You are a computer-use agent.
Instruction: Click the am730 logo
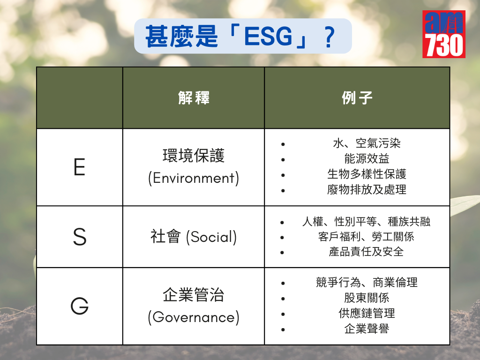pyautogui.click(x=444, y=34)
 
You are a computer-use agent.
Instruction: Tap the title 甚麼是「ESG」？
pyautogui.click(x=240, y=37)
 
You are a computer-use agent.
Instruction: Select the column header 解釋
pyautogui.click(x=194, y=98)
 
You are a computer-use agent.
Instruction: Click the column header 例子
pyautogui.click(x=357, y=98)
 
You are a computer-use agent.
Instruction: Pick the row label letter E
pyautogui.click(x=79, y=167)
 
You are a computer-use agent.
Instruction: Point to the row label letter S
pyautogui.click(x=80, y=237)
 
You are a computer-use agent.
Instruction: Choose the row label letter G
pyautogui.click(x=80, y=306)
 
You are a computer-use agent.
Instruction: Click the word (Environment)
pyautogui.click(x=194, y=179)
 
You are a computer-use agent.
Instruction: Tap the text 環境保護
pyautogui.click(x=194, y=156)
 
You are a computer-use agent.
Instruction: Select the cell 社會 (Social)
pyautogui.click(x=194, y=237)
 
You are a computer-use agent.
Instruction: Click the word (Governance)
pyautogui.click(x=194, y=317)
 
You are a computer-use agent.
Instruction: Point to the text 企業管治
pyautogui.click(x=194, y=295)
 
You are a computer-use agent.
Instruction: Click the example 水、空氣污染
pyautogui.click(x=367, y=143)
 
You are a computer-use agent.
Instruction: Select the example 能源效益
pyautogui.click(x=367, y=158)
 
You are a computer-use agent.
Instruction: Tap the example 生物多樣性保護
pyautogui.click(x=367, y=174)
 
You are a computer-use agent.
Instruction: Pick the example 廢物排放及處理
pyautogui.click(x=367, y=190)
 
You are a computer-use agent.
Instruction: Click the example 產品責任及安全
pyautogui.click(x=367, y=252)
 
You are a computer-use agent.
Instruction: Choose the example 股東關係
pyautogui.click(x=367, y=298)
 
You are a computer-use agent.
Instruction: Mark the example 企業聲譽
pyautogui.click(x=367, y=329)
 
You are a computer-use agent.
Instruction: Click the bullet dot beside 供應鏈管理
pyautogui.click(x=283, y=314)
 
